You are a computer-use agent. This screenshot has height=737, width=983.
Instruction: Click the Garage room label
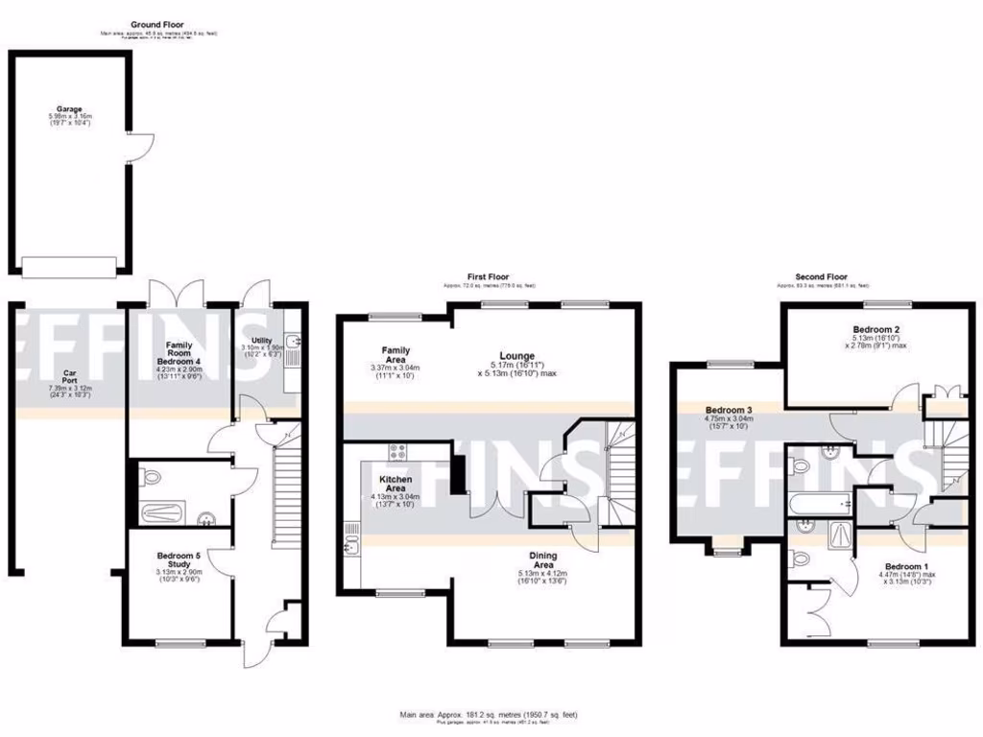68,109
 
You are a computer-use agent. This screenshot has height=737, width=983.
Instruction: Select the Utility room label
262,341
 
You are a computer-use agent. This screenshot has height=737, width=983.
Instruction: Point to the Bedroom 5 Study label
180,560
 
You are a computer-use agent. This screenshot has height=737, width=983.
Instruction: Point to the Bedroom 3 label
729,409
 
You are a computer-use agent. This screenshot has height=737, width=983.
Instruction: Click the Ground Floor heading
157,24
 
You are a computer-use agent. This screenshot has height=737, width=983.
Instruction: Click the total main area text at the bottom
489,714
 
